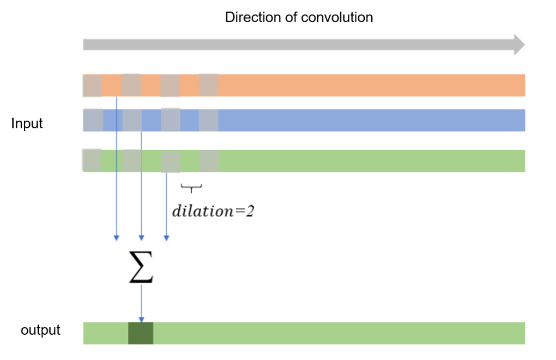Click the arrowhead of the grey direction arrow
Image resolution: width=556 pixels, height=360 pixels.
tap(520, 45)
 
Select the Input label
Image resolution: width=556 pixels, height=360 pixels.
tap(27, 124)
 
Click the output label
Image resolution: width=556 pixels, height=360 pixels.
tap(41, 330)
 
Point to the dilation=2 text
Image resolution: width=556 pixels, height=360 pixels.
tap(213, 211)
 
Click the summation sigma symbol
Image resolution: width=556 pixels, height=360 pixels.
tap(141, 268)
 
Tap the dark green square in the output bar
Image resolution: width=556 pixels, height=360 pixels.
tap(141, 333)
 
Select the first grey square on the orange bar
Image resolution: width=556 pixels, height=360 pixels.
tap(92, 86)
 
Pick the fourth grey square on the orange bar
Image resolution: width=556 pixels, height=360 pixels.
tap(209, 85)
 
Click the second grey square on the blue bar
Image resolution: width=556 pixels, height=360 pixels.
tap(132, 120)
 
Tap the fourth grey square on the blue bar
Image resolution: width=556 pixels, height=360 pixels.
tap(209, 120)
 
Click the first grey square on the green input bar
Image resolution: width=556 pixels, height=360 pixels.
tap(92, 160)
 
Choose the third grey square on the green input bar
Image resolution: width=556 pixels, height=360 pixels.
tap(171, 161)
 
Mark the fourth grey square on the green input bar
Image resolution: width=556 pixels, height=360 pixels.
tap(209, 161)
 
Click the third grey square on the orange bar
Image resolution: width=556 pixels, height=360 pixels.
tap(170, 86)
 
